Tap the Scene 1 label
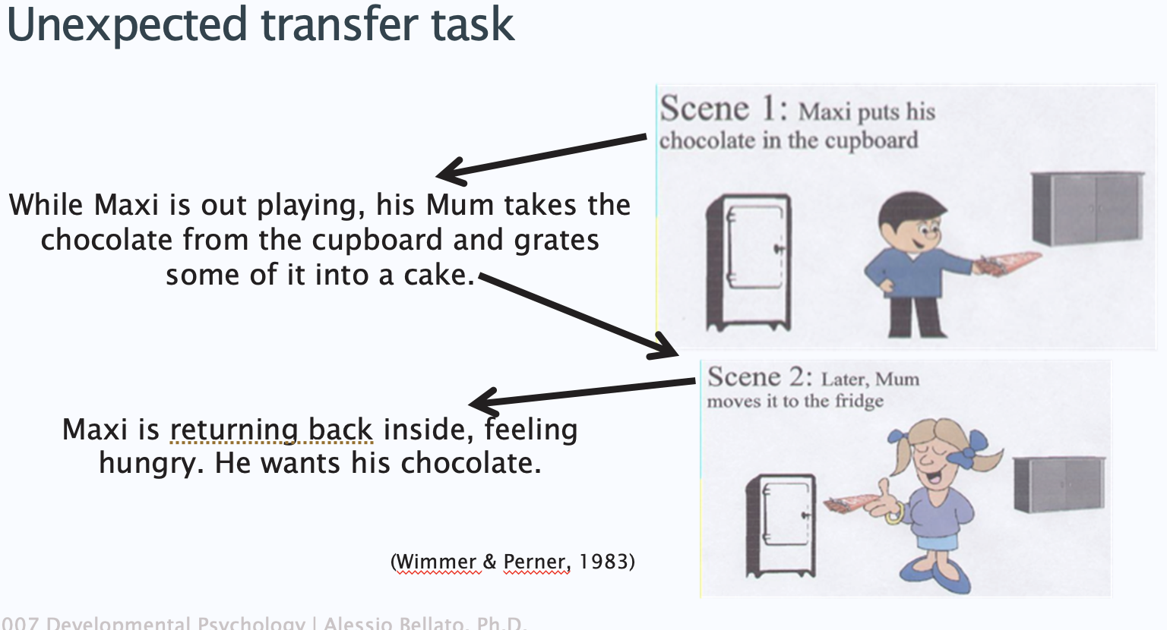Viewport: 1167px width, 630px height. pyautogui.click(x=722, y=109)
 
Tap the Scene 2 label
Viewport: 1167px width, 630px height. pyautogui.click(x=758, y=377)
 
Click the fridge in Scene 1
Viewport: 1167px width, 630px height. pyautogui.click(x=749, y=262)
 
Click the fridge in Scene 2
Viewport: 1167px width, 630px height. pyautogui.click(x=780, y=524)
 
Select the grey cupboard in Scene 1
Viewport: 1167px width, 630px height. pyautogui.click(x=1086, y=208)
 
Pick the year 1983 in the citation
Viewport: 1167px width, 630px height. pyautogui.click(x=604, y=562)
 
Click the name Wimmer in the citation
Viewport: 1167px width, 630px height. pyautogui.click(x=436, y=562)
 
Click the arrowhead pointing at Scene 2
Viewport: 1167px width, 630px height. pyautogui.click(x=665, y=348)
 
